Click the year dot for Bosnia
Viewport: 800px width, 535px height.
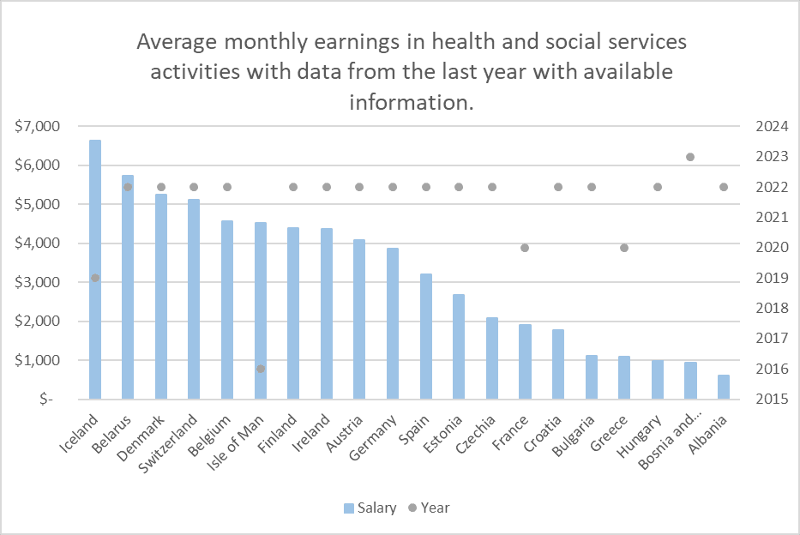(690, 157)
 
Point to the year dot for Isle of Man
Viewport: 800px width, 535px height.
(261, 369)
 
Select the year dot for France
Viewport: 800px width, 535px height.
(525, 248)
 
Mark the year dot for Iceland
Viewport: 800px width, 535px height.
(95, 278)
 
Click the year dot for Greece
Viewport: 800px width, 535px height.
(624, 248)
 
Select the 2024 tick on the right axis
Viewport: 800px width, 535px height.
(771, 127)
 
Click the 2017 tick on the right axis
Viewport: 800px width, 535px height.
(771, 339)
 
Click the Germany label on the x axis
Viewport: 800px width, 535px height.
(373, 433)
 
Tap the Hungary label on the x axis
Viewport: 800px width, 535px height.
(638, 433)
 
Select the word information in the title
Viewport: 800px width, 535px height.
(410, 102)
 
